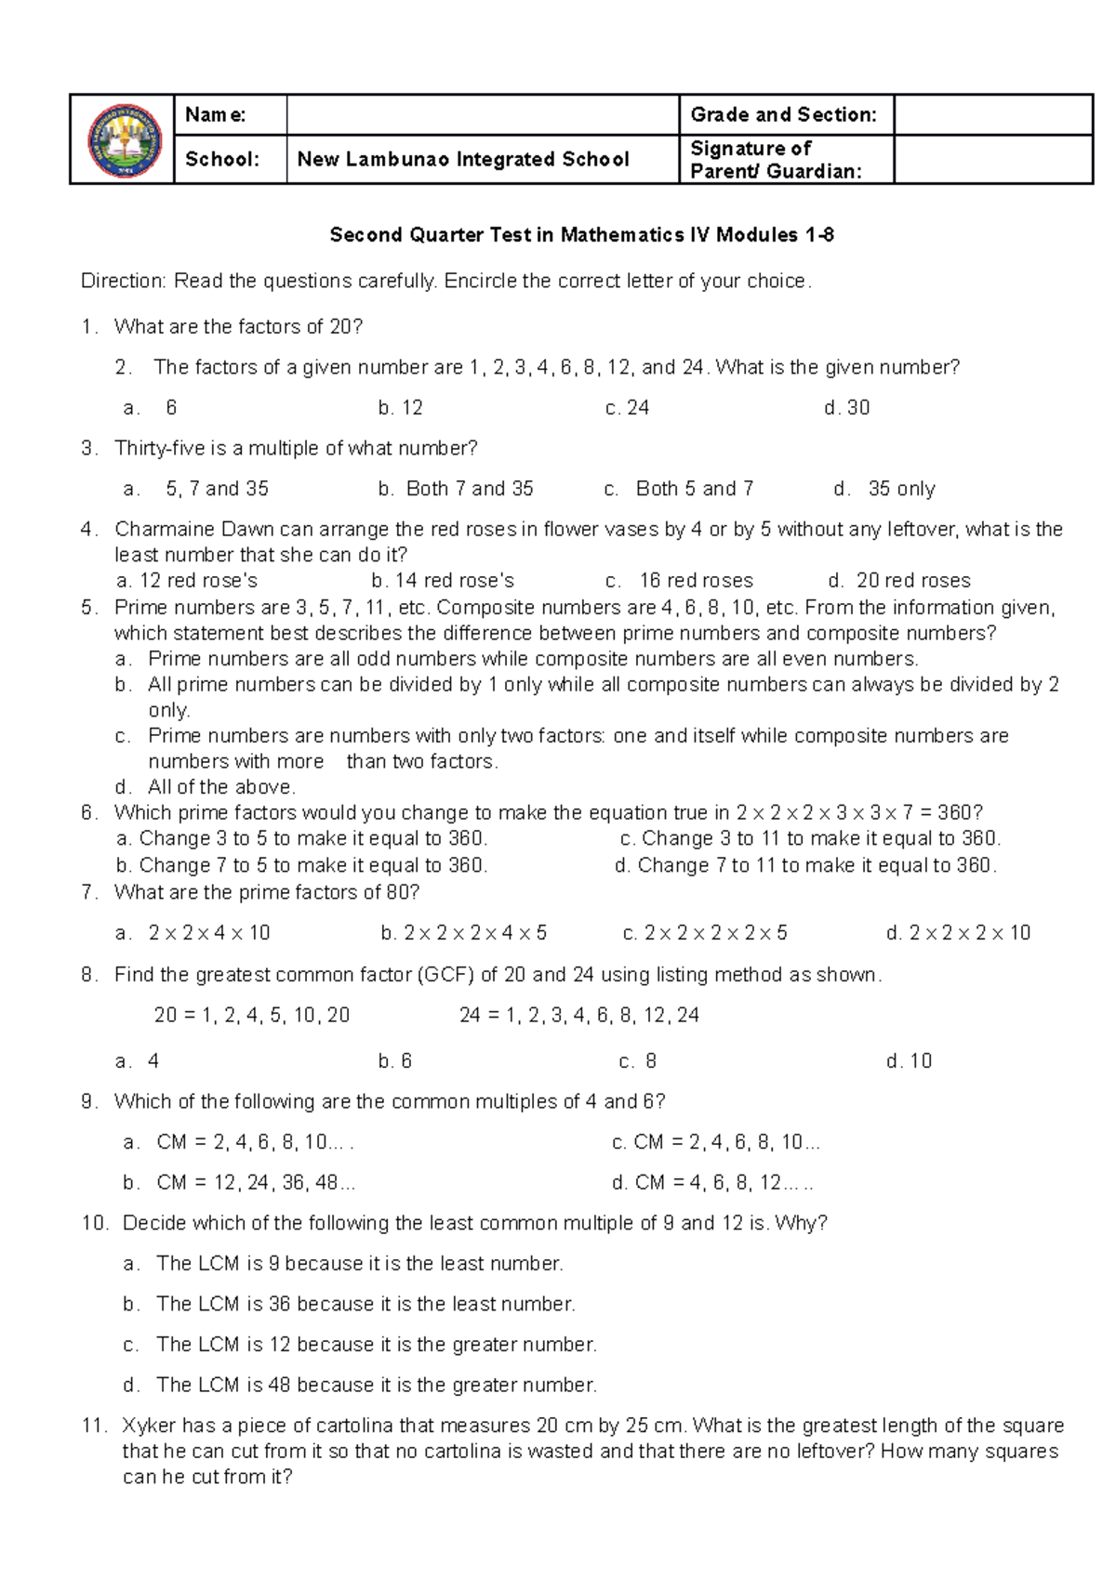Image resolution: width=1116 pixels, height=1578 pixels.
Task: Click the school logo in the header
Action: pyautogui.click(x=124, y=140)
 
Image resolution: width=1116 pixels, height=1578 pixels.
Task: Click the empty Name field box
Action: pyautogui.click(x=482, y=115)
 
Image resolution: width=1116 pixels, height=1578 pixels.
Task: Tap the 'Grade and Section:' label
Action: pyautogui.click(x=783, y=115)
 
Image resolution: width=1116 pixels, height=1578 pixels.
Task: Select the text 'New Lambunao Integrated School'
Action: pyautogui.click(x=463, y=160)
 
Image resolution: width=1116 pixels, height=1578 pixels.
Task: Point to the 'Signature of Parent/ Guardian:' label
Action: pyautogui.click(x=775, y=160)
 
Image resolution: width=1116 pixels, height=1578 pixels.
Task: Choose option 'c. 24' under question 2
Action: pyautogui.click(x=627, y=408)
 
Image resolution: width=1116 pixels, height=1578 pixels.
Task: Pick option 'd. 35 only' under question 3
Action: pyautogui.click(x=884, y=489)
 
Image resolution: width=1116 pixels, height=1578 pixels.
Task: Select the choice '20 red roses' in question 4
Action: pyautogui.click(x=900, y=581)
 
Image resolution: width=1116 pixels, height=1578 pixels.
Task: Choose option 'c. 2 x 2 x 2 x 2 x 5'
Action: pyautogui.click(x=705, y=933)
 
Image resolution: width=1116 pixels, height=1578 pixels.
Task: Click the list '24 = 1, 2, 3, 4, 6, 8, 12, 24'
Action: pyautogui.click(x=578, y=1016)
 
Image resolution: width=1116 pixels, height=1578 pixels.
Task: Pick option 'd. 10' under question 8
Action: pyautogui.click(x=909, y=1061)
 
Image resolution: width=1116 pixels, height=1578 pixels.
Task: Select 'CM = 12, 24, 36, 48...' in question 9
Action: pyautogui.click(x=240, y=1183)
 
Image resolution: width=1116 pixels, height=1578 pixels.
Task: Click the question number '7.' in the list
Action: pyautogui.click(x=89, y=893)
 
